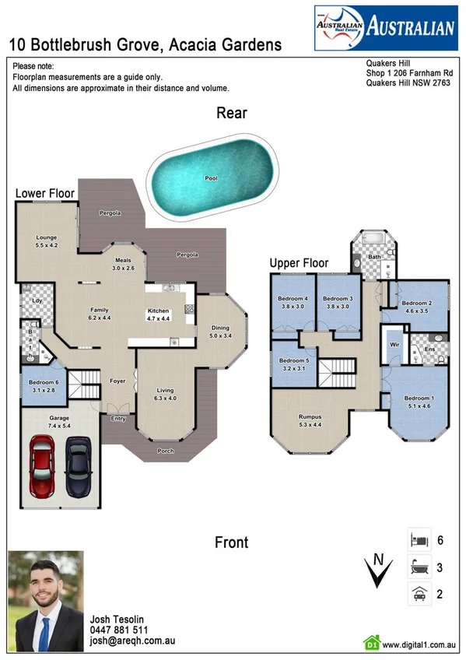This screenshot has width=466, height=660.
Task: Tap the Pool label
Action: point(211,178)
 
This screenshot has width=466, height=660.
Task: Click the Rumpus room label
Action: point(310,421)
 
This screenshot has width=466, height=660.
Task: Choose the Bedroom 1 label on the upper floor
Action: point(419,401)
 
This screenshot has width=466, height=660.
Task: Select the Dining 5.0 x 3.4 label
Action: point(220,332)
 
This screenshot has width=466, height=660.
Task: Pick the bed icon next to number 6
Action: point(419,539)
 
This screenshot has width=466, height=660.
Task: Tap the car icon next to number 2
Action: point(419,594)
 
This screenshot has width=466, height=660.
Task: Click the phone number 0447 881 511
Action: point(120,630)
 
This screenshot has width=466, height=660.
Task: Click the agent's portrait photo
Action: point(45,601)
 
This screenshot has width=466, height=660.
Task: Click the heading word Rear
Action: point(232,113)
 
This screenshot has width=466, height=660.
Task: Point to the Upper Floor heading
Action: point(299,263)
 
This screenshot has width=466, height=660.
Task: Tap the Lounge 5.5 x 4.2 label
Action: point(47,241)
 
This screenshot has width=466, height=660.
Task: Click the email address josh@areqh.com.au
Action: point(131,641)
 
